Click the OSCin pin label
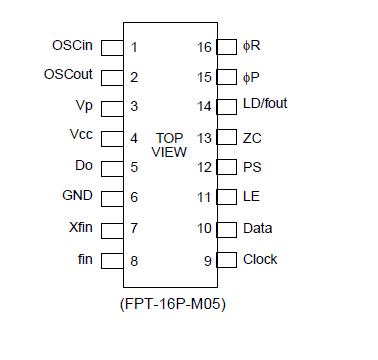(x=72, y=45)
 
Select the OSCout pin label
(x=69, y=74)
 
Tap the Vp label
(x=84, y=105)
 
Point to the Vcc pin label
(x=82, y=135)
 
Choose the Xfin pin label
(x=81, y=227)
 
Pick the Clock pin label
(x=260, y=259)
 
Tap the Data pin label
(x=257, y=228)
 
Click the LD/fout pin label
(x=265, y=104)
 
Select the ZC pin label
(x=252, y=137)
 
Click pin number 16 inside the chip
(x=204, y=47)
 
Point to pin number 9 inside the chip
(x=208, y=261)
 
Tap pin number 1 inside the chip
(x=134, y=47)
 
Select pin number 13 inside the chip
(x=204, y=138)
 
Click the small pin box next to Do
(x=113, y=167)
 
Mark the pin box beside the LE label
(x=227, y=198)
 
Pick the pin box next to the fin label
(x=113, y=260)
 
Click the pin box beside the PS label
(x=227, y=167)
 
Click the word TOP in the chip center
(x=170, y=137)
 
